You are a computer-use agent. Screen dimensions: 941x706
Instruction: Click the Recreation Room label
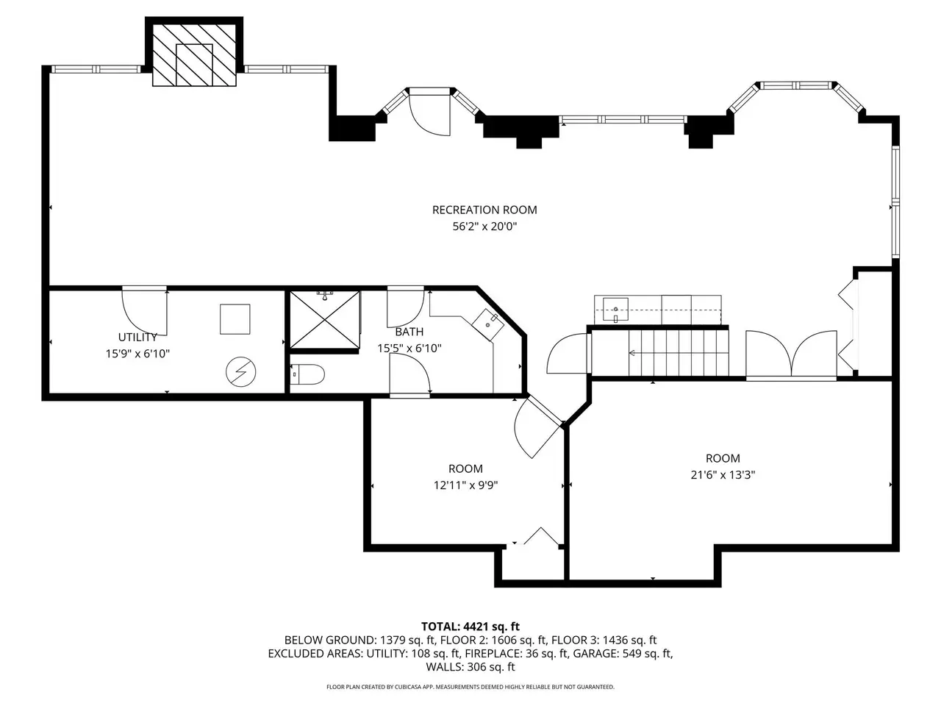(x=484, y=210)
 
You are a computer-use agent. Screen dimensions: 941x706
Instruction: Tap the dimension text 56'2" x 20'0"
(x=485, y=227)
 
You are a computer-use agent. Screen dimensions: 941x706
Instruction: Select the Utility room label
(x=137, y=337)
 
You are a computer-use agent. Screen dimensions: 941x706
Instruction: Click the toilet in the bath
(x=308, y=374)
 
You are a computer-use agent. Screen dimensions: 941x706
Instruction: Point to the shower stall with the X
(x=325, y=320)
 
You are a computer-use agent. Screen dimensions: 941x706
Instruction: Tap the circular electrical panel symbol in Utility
(x=241, y=371)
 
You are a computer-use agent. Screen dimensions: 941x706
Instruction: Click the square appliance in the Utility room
(x=235, y=319)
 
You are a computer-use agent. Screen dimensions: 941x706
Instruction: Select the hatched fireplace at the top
(x=194, y=55)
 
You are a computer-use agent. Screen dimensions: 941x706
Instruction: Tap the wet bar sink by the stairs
(x=615, y=310)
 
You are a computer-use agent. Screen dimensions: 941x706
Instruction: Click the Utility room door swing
(x=145, y=313)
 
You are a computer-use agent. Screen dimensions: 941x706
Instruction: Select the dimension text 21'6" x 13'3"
(x=723, y=475)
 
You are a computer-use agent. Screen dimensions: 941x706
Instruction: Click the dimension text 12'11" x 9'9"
(x=465, y=485)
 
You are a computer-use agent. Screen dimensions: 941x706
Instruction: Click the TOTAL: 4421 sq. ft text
(x=470, y=627)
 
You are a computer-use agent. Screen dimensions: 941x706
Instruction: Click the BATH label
(x=409, y=332)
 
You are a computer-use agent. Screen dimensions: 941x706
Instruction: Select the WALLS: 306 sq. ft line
(x=470, y=667)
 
